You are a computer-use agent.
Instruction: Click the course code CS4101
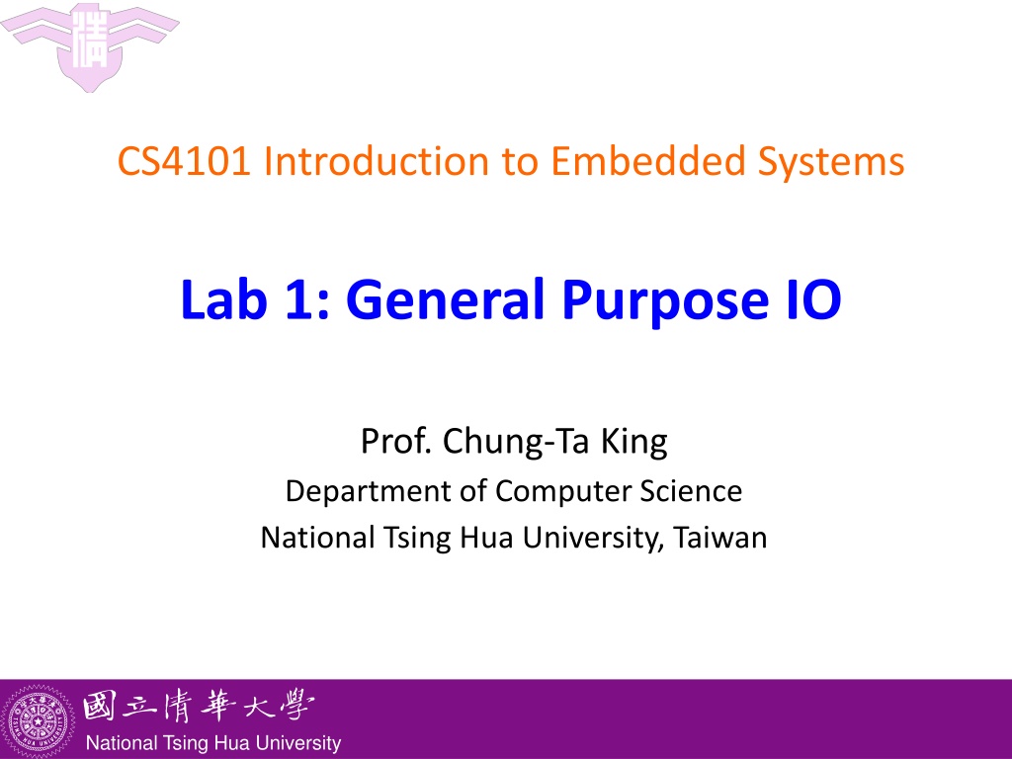[x=184, y=161]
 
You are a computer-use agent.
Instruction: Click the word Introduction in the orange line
[x=377, y=161]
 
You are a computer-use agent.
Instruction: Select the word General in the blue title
[x=448, y=298]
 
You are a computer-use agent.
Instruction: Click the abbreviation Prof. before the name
[x=395, y=442]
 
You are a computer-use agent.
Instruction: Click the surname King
[x=634, y=443]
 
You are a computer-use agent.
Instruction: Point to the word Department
[x=367, y=492]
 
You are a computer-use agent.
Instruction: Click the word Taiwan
[x=720, y=537]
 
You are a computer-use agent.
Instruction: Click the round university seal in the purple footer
[x=39, y=720]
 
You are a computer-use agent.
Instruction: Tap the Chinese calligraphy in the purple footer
[x=199, y=706]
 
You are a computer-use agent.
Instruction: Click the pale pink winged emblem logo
[x=90, y=45]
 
